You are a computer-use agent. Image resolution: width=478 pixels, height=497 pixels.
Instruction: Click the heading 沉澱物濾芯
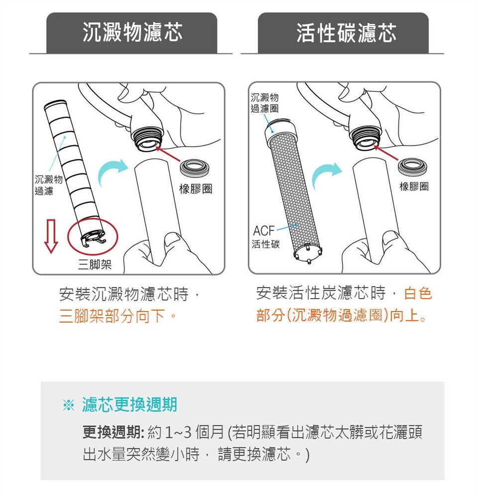[x=132, y=32]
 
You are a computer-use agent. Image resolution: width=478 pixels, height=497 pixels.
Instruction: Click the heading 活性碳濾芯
[x=347, y=32]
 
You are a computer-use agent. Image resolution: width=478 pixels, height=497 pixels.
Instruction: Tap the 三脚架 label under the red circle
[x=95, y=264]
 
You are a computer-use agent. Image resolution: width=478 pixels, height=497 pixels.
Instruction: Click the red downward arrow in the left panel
[x=51, y=236]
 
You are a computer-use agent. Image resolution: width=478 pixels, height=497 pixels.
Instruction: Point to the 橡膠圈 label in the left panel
[x=196, y=189]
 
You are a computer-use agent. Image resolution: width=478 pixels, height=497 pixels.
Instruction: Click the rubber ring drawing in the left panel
[x=194, y=168]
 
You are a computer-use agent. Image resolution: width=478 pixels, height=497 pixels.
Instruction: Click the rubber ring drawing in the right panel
[x=412, y=166]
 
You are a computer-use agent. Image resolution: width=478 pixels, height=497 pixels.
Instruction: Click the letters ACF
[x=264, y=231]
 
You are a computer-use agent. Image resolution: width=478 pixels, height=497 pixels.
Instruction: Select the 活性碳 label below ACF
[x=266, y=244]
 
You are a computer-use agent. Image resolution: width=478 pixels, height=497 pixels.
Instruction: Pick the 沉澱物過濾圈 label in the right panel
[x=264, y=103]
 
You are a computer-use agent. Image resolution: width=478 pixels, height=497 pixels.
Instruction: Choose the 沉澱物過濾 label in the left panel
[x=48, y=185]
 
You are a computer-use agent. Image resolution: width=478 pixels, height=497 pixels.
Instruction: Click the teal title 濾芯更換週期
[x=129, y=405]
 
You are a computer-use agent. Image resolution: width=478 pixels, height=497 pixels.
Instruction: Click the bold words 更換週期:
[x=114, y=432]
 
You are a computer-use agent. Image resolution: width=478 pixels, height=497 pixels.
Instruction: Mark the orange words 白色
[x=418, y=293]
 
